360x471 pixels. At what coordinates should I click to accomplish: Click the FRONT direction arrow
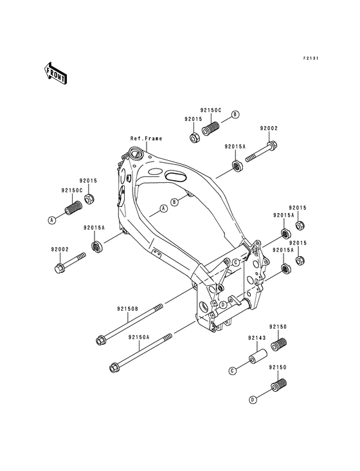[x=55, y=73]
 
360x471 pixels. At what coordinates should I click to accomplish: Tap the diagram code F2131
[x=310, y=59]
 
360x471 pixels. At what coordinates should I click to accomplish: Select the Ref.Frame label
[x=146, y=138]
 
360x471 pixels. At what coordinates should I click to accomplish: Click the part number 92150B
[x=128, y=309]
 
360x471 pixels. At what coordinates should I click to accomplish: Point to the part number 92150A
[x=139, y=337]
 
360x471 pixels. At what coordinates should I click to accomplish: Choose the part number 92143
[x=256, y=338]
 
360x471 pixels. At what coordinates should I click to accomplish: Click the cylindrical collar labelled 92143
[x=258, y=356]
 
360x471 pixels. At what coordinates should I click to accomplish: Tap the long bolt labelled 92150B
[x=129, y=324]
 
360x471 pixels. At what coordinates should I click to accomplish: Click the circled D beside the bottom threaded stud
[x=253, y=400]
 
